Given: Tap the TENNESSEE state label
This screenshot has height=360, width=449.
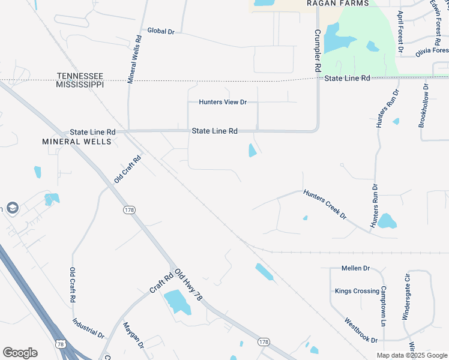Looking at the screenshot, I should [x=80, y=76].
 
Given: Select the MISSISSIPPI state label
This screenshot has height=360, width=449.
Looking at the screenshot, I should [x=80, y=85].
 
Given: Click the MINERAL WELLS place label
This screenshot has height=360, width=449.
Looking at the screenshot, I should [x=77, y=142].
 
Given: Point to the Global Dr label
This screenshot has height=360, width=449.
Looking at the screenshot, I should [x=160, y=31].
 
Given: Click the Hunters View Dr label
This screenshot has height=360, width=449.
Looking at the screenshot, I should [x=223, y=102].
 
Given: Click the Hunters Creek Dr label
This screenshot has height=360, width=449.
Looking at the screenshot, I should [x=325, y=203].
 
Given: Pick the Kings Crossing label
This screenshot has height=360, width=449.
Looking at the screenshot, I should [x=357, y=292].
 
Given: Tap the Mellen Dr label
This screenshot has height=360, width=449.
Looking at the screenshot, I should [x=355, y=268].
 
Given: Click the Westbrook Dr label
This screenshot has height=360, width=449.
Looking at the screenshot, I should [x=361, y=330].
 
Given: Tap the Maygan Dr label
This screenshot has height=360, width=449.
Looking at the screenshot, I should [x=134, y=335].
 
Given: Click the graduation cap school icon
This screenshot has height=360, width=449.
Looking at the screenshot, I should [x=12, y=208].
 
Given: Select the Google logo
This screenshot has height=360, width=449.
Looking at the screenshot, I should [x=20, y=353].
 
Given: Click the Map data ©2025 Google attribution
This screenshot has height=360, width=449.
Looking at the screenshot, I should [x=411, y=355].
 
